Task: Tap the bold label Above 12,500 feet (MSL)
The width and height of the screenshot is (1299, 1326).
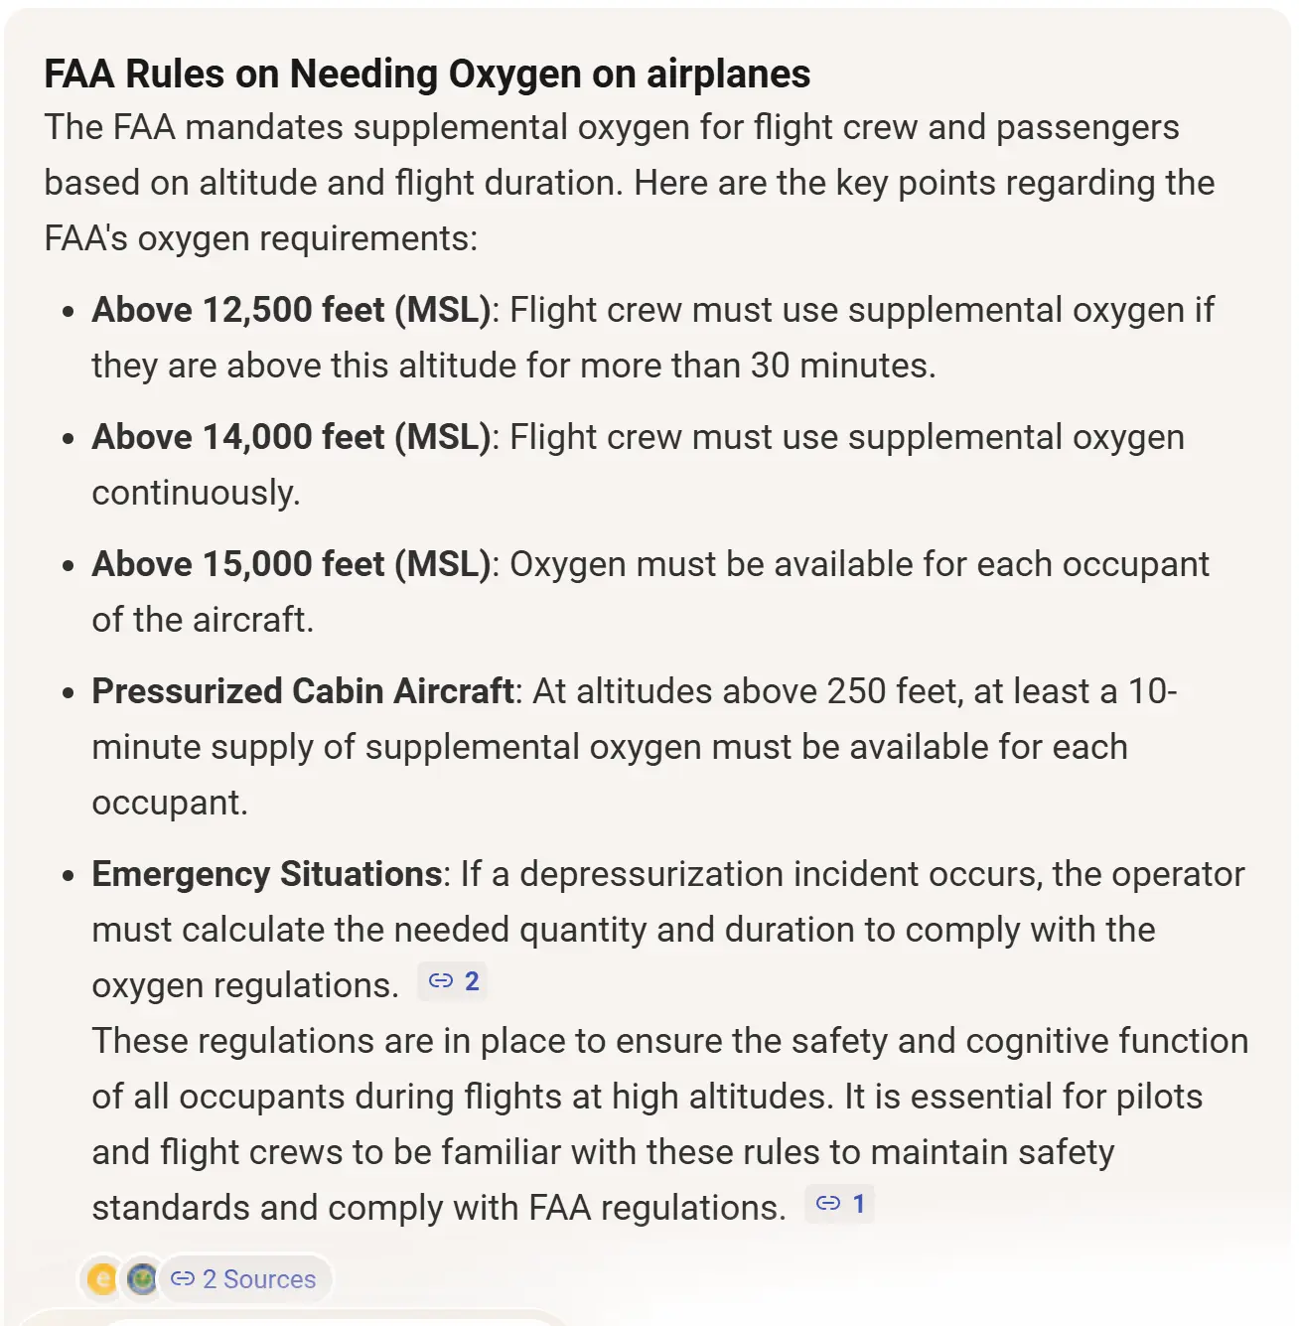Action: [291, 310]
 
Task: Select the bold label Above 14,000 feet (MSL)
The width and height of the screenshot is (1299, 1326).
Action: [291, 437]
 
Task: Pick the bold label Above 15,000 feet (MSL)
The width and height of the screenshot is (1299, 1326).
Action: [291, 564]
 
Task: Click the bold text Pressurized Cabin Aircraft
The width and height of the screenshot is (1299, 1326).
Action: [303, 691]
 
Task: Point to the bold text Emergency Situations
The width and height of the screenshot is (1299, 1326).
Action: [266, 874]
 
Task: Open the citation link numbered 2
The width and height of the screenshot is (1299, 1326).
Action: [453, 981]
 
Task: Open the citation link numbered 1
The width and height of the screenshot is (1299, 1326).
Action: [840, 1204]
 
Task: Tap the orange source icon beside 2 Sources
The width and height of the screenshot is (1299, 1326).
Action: [101, 1279]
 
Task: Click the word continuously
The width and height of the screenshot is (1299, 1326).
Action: [196, 493]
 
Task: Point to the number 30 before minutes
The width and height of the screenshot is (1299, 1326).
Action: [771, 366]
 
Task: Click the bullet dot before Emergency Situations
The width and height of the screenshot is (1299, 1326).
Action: [68, 876]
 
